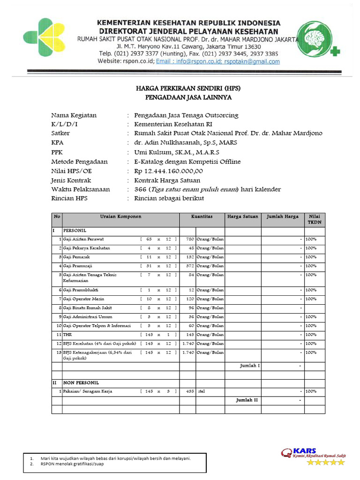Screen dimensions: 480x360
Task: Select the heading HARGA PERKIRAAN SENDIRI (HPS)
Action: (188, 88)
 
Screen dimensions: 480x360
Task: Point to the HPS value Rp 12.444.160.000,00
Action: (168, 171)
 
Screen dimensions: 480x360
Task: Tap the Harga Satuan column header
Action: (243, 217)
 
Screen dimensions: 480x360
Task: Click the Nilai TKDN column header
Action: (315, 219)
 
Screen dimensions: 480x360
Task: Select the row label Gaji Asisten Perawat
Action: (83, 239)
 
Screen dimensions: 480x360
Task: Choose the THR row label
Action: (67, 335)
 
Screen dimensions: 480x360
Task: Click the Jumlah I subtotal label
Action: (250, 366)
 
